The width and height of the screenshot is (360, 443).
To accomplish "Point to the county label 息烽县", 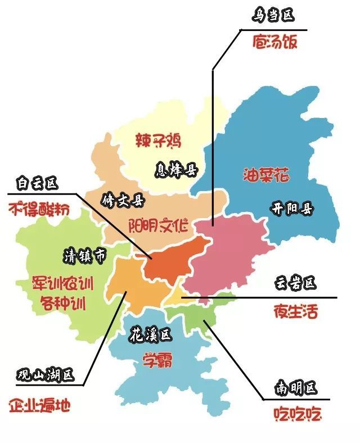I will pyautogui.click(x=177, y=168).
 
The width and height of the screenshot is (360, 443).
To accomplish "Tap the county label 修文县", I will pyautogui.click(x=122, y=200).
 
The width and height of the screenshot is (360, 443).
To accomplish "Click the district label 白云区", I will pyautogui.click(x=37, y=182).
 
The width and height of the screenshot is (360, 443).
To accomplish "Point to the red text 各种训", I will pyautogui.click(x=62, y=304).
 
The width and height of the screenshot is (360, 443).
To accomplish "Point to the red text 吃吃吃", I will pyautogui.click(x=296, y=415).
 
